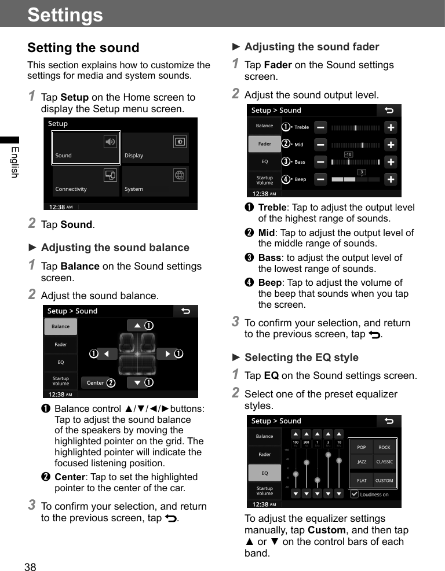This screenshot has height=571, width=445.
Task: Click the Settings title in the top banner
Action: click(x=65, y=14)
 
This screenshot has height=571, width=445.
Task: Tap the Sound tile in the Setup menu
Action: click(x=86, y=148)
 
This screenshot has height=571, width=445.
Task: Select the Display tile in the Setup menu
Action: click(x=155, y=148)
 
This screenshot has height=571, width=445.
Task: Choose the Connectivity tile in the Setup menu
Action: click(x=86, y=181)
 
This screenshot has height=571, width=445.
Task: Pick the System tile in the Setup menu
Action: click(x=155, y=181)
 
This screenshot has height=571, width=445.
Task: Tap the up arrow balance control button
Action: click(x=137, y=326)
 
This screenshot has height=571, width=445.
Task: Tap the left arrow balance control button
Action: click(x=107, y=353)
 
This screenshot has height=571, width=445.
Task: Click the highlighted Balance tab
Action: click(x=60, y=326)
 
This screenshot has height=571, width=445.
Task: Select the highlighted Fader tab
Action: click(x=264, y=144)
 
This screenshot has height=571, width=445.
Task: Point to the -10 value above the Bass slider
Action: click(x=348, y=154)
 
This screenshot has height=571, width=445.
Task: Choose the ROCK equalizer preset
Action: click(x=384, y=447)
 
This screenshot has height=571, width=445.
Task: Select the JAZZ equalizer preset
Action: click(x=362, y=462)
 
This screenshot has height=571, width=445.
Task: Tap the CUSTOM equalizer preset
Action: click(x=384, y=480)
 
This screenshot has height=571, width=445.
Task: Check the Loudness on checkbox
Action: click(x=355, y=494)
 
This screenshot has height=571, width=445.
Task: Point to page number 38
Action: click(x=30, y=567)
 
